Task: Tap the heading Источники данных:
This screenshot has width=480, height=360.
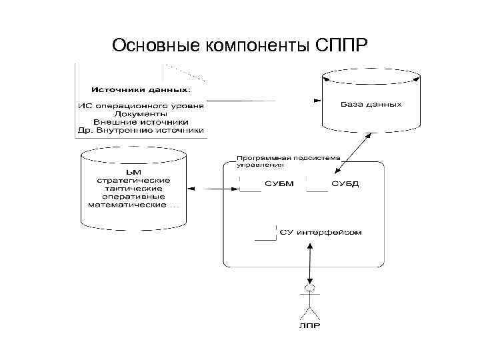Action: coord(141,89)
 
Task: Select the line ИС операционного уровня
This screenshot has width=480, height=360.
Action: coord(141,105)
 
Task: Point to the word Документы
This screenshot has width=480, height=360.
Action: coord(141,113)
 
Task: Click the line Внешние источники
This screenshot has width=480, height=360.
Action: coord(141,122)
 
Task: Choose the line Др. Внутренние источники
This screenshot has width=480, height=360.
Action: coord(141,131)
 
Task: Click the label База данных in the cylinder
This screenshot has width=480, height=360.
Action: coord(371,105)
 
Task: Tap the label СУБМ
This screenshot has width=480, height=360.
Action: coord(279,184)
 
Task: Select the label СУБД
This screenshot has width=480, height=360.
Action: coord(345,184)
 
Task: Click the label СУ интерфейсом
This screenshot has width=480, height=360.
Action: coord(321,233)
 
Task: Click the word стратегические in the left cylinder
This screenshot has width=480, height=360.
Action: coord(133,181)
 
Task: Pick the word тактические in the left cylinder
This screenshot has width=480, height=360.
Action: coord(133,189)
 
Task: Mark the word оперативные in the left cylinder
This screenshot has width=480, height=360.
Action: coord(133,197)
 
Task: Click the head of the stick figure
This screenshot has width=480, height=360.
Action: coord(308,288)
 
